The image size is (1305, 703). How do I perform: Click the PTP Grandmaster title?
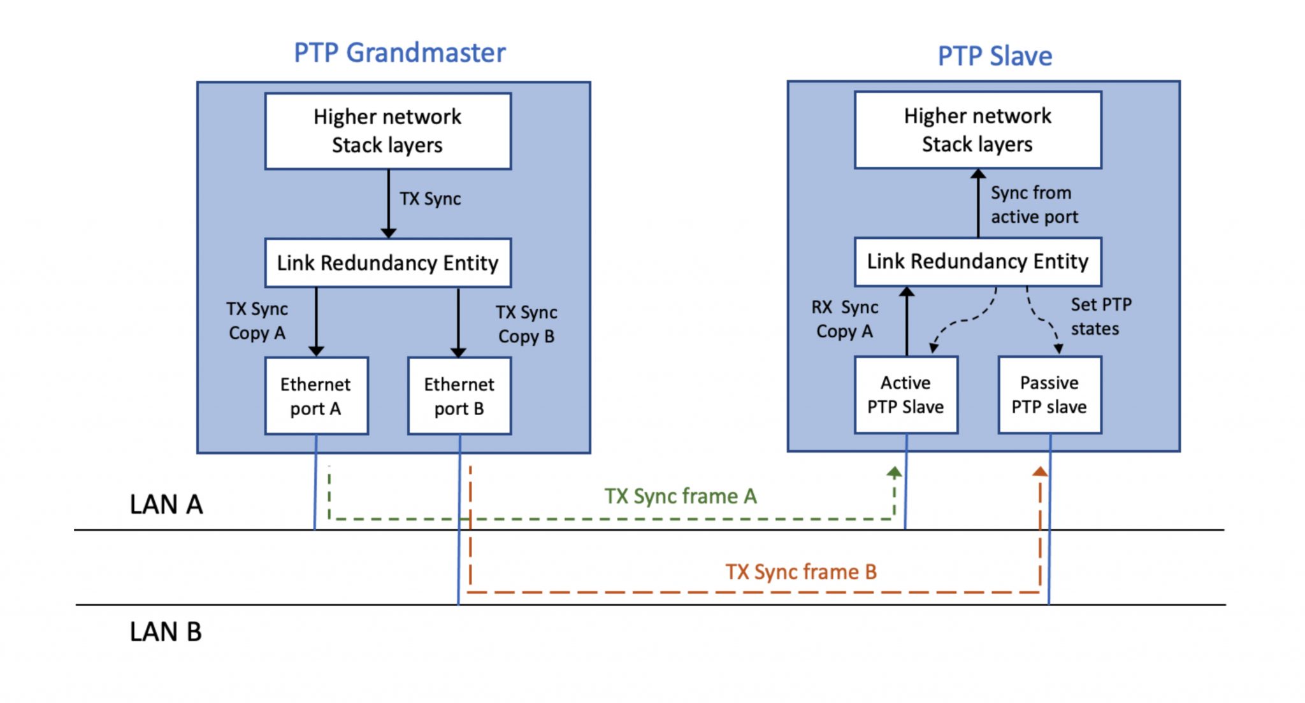(400, 53)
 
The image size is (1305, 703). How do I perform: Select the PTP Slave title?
(994, 56)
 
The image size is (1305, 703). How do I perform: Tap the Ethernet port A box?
(316, 395)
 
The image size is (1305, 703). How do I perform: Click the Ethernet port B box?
(459, 395)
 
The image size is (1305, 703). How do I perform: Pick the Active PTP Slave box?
(905, 394)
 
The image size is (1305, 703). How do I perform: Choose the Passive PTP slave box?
(1049, 394)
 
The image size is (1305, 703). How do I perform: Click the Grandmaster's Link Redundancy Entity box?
(387, 262)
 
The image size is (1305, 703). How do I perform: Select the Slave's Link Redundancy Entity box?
(977, 261)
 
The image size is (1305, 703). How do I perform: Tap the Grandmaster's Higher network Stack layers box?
(387, 131)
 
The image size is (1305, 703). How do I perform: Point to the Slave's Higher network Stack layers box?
(977, 130)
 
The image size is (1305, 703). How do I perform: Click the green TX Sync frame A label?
(680, 496)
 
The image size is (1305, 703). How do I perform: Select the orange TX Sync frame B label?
(800, 572)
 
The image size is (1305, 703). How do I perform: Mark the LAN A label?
(166, 504)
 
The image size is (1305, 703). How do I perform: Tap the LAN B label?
(166, 632)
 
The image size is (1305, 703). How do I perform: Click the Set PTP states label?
(1100, 316)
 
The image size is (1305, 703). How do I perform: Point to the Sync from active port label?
(1034, 204)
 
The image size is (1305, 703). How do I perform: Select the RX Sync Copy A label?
(844, 319)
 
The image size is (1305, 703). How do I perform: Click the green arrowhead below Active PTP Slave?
(894, 472)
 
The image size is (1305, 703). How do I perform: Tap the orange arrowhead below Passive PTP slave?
(1040, 472)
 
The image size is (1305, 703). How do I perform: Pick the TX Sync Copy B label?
(526, 324)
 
